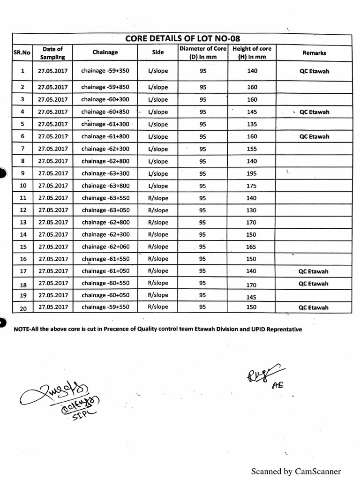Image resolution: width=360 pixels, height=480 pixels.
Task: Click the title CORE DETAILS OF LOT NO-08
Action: coord(182,38)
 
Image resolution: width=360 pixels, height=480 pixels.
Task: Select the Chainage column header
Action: coord(105,52)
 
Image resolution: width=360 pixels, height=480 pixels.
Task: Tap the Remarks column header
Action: coord(314,53)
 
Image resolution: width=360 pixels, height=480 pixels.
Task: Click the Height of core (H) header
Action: coord(252,52)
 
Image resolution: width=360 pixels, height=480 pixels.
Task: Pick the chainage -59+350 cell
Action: coord(105,71)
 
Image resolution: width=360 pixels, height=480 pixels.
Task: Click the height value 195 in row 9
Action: coord(252,173)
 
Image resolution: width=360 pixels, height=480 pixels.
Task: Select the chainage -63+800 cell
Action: coord(105,186)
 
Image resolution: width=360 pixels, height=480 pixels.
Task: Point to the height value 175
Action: coord(252,186)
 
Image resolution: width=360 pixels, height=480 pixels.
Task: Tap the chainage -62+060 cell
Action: coord(105,247)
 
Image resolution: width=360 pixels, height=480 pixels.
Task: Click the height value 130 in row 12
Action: coord(252,210)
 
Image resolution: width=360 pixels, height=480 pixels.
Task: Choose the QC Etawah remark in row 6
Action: coord(314,137)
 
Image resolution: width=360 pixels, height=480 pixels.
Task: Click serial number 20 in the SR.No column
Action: coord(23,308)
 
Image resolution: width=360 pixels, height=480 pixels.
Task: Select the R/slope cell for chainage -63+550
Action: coord(158,198)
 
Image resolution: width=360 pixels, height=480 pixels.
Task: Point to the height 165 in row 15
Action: coord(252,247)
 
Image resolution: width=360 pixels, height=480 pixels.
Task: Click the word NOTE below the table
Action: coord(22,329)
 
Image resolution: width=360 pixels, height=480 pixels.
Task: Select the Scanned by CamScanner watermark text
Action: coord(296,471)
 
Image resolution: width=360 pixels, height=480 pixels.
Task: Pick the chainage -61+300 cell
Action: coord(105,124)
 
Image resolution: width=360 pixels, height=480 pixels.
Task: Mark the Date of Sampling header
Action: coord(52,52)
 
